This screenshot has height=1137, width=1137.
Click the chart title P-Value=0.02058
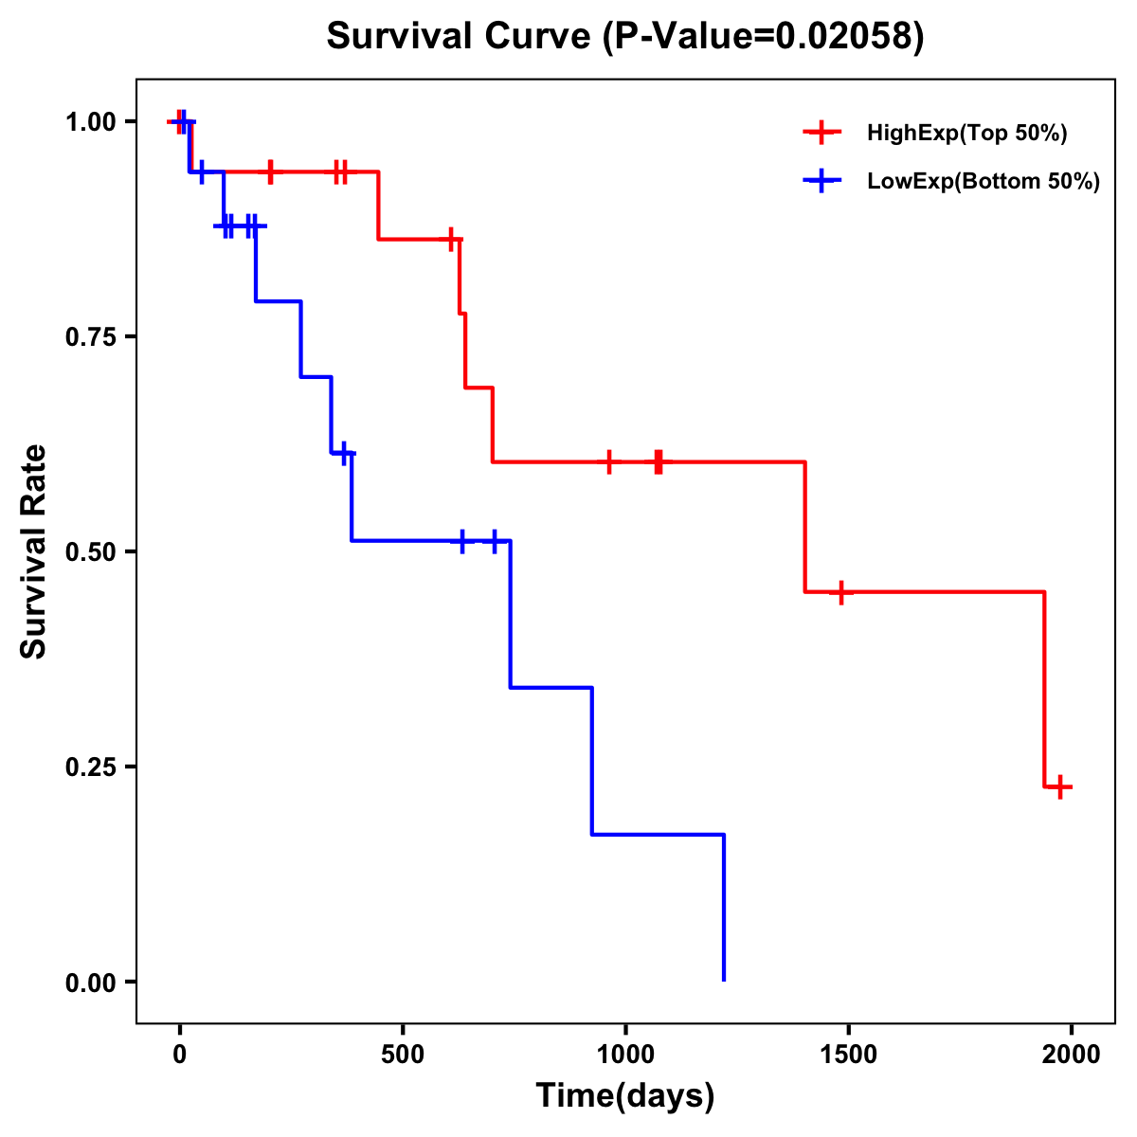[625, 37]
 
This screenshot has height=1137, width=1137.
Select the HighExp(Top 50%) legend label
[967, 134]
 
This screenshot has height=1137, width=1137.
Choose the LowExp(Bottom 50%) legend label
[984, 181]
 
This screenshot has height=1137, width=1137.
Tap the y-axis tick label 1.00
[91, 122]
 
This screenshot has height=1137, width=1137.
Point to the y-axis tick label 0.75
[91, 337]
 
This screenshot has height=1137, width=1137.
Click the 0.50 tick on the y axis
[91, 552]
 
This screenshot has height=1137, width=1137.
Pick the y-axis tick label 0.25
[91, 767]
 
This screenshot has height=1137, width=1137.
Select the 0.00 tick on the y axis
[91, 983]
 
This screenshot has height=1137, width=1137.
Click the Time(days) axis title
[625, 1096]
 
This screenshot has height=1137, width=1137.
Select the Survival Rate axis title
[34, 551]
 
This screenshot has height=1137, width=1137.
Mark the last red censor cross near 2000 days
[1061, 786]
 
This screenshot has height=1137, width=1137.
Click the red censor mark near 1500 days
[840, 592]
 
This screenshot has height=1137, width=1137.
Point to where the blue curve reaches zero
[724, 980]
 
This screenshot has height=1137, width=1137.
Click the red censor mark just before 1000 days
[609, 462]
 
